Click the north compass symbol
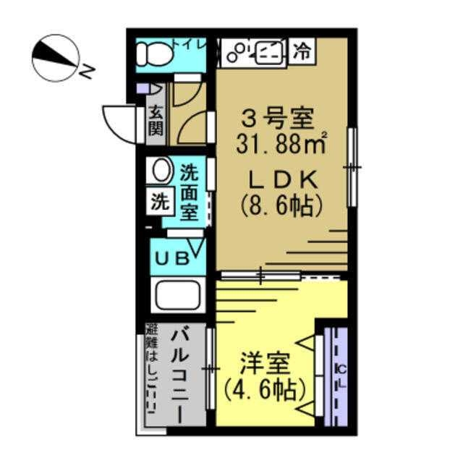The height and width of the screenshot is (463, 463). click(x=56, y=58)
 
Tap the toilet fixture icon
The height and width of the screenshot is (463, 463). click(x=154, y=52)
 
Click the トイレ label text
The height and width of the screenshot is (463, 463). click(x=190, y=44)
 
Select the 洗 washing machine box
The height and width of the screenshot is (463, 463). click(x=158, y=202)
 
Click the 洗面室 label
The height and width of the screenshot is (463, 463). click(x=189, y=192)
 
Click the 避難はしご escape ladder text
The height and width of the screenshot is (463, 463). click(x=152, y=376)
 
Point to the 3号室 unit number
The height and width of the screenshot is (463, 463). click(x=279, y=116)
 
